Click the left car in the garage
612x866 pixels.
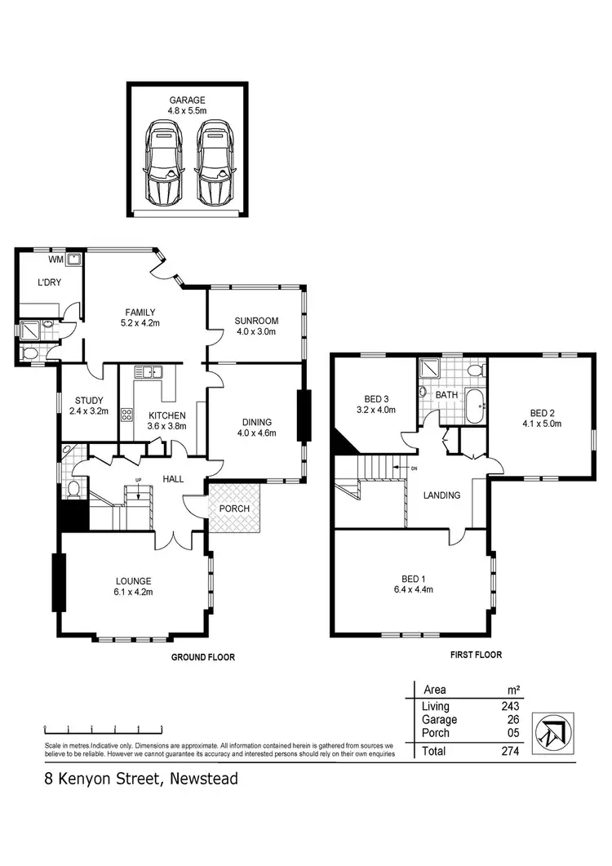point(165,164)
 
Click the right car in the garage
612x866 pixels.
point(214,164)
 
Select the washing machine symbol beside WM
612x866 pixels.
point(74,260)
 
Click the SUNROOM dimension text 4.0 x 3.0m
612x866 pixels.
point(256,331)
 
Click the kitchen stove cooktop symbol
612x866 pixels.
point(127,414)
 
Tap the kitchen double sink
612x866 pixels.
point(149,373)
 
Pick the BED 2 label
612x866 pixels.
point(542,413)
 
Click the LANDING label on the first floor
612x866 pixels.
point(441,495)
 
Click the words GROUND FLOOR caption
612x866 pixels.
point(202,656)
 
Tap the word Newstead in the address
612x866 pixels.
point(203,779)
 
